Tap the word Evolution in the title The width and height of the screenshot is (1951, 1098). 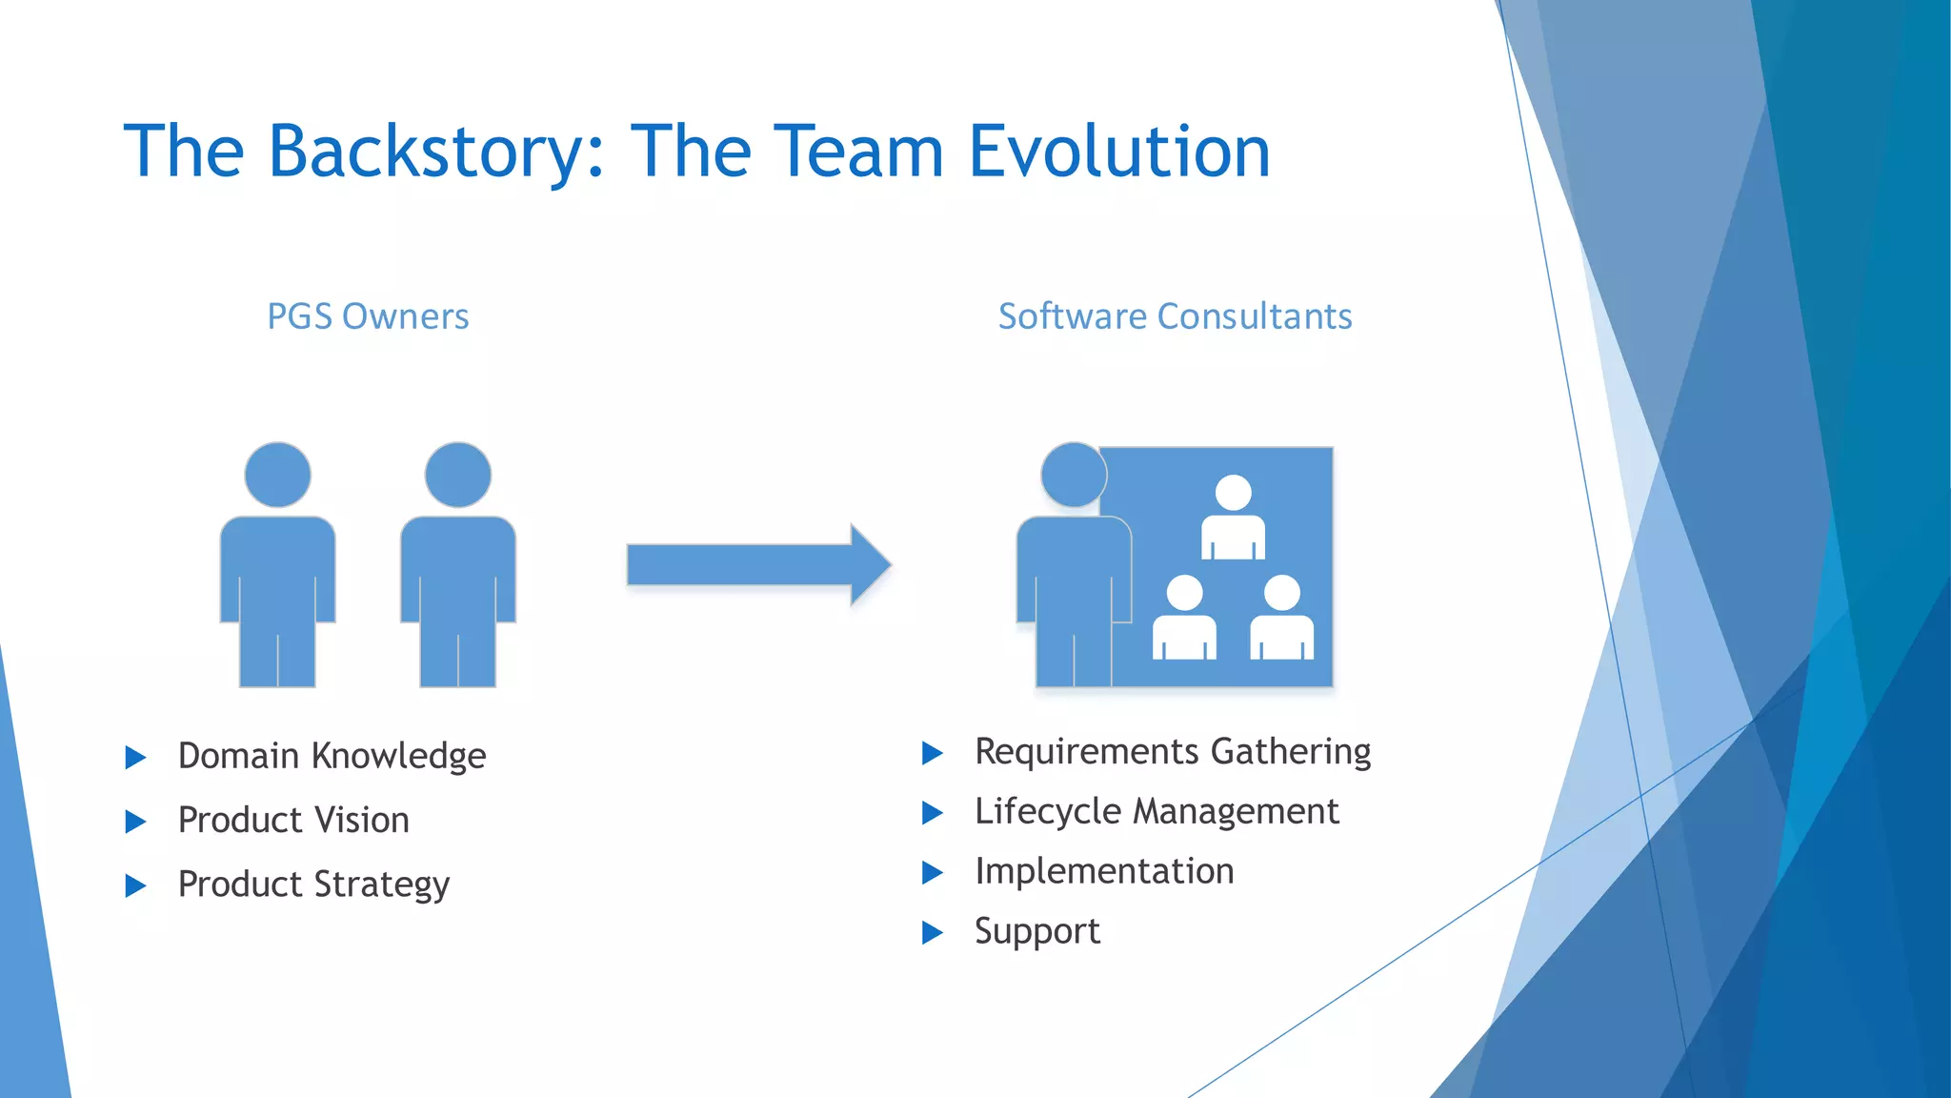(x=1119, y=152)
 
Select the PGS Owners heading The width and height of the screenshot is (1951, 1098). (x=368, y=316)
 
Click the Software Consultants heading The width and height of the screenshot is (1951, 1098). (x=1175, y=316)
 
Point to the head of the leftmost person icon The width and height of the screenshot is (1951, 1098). (x=277, y=475)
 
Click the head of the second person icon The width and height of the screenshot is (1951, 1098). (x=458, y=475)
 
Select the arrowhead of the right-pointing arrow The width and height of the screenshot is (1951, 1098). (x=869, y=564)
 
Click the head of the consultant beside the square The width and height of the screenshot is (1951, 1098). (x=1074, y=475)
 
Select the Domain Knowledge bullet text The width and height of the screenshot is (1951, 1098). (x=332, y=756)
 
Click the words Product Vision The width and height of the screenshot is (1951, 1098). (x=293, y=820)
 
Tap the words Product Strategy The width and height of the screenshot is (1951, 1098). (x=313, y=884)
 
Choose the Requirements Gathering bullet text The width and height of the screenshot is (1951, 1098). (x=1173, y=752)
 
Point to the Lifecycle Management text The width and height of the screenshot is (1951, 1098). (x=1157, y=812)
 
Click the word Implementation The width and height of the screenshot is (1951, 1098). (x=1104, y=871)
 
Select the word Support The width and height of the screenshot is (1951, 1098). (x=1036, y=931)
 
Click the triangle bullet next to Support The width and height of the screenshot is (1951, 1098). (x=932, y=932)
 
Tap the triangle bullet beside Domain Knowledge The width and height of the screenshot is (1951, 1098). (x=135, y=758)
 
